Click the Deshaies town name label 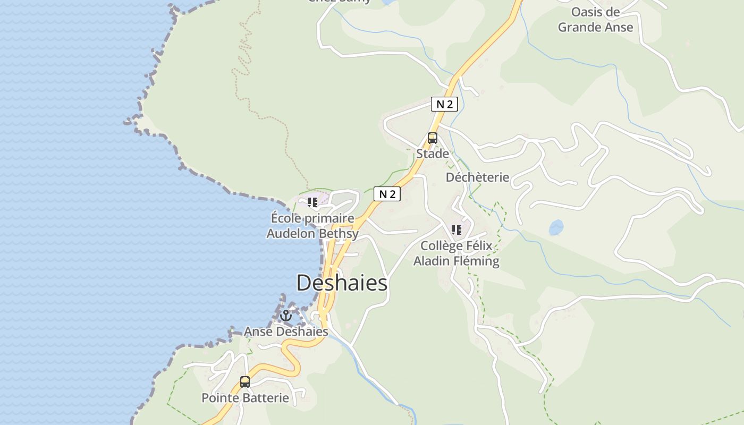pos(342,283)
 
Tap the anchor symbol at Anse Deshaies pos(286,316)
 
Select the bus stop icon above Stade pos(433,139)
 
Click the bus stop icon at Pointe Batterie pos(245,381)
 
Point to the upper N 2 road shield pos(444,104)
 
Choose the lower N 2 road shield pos(387,194)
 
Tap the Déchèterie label pos(477,177)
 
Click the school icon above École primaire pos(312,202)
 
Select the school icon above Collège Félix pos(456,230)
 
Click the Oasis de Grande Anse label pos(596,20)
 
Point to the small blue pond pos(556,227)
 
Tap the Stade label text pos(433,154)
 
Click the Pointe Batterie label pos(245,398)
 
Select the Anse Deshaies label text pos(286,331)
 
